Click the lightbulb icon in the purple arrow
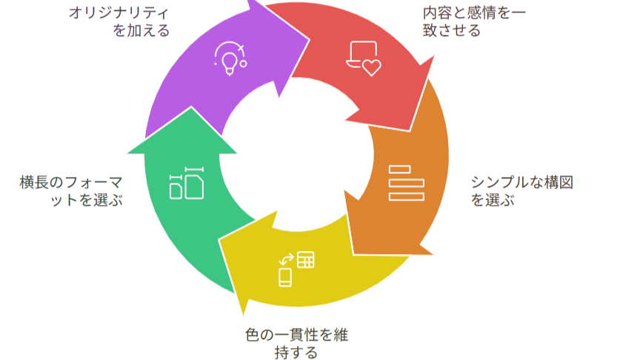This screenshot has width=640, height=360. click(x=229, y=58)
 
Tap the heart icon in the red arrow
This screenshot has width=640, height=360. click(x=370, y=68)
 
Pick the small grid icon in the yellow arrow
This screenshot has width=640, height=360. click(x=306, y=260)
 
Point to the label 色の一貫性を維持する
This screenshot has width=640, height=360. click(x=296, y=343)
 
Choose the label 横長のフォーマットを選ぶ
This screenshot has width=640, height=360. click(x=71, y=191)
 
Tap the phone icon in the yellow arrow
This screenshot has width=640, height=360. click(x=285, y=277)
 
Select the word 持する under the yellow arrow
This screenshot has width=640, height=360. click(x=296, y=352)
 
